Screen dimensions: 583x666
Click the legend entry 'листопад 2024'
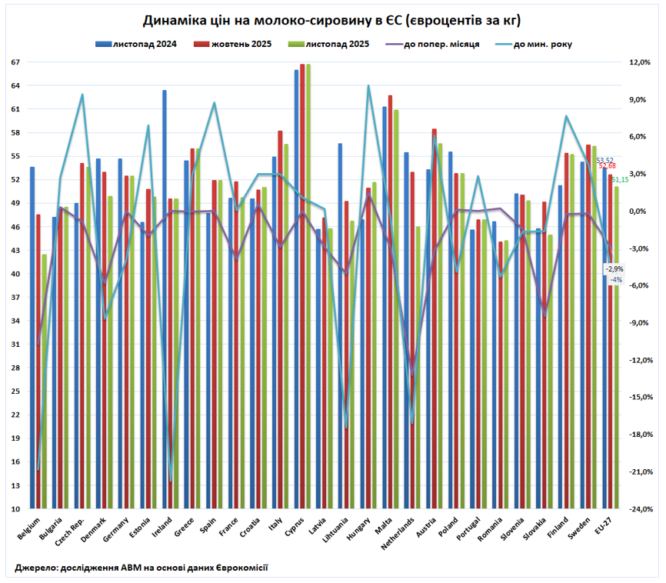click(144, 44)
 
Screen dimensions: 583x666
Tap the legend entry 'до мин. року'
click(542, 44)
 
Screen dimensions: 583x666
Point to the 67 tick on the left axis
click(15, 62)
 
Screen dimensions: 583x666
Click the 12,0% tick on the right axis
click(641, 62)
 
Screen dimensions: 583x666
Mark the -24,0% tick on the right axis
click(641, 509)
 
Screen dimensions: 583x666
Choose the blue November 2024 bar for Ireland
click(165, 300)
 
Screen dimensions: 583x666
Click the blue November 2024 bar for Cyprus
click(297, 288)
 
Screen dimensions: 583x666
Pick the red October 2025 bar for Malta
click(391, 300)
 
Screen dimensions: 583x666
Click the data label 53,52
click(605, 160)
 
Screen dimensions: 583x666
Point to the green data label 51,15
click(620, 179)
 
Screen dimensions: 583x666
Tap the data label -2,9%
click(614, 269)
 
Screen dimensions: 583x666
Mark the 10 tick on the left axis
click(15, 509)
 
